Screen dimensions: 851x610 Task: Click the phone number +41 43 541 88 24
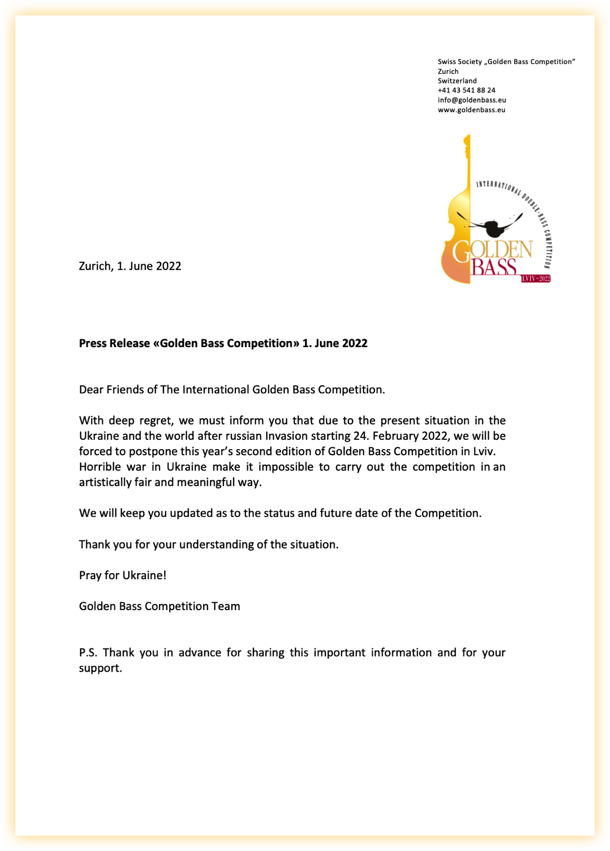click(466, 90)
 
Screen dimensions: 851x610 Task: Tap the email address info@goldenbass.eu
click(472, 100)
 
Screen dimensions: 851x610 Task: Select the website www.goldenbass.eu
click(471, 110)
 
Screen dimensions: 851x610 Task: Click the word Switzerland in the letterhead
click(457, 81)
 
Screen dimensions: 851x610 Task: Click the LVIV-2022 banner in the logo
click(536, 278)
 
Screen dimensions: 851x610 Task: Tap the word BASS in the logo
click(494, 267)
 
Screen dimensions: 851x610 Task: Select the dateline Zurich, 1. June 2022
click(130, 266)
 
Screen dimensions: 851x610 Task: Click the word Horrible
click(100, 467)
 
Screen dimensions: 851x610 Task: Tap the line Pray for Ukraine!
click(123, 575)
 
